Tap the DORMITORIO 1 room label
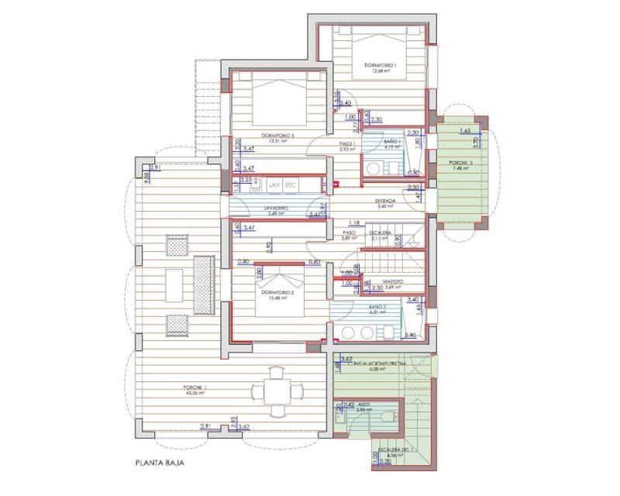(380, 66)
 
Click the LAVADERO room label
(275, 208)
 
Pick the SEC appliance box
(291, 186)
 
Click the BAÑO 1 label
(391, 143)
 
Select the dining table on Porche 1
(277, 386)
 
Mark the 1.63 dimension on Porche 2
(464, 133)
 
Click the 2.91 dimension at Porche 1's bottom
(205, 426)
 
